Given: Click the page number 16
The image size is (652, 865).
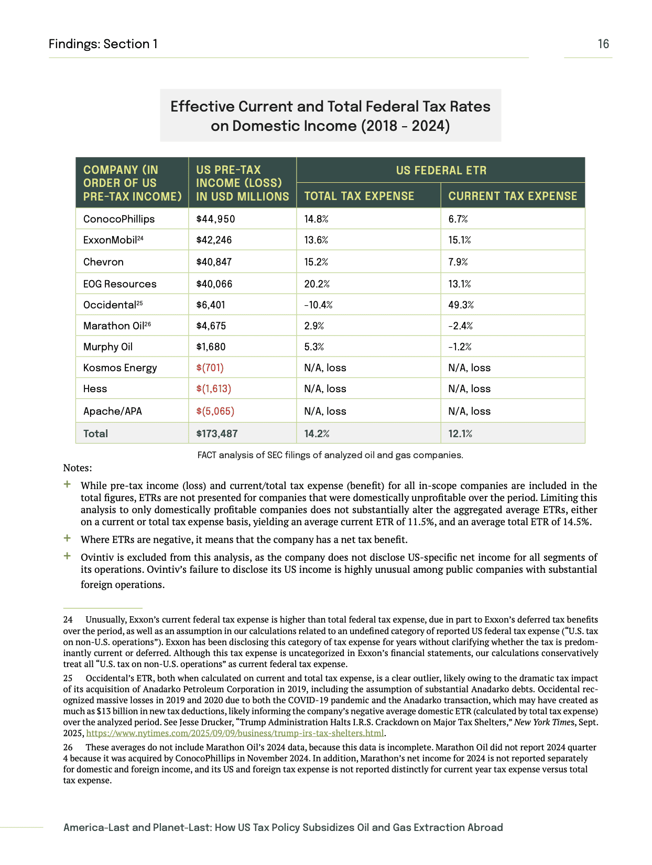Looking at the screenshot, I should coord(603,44).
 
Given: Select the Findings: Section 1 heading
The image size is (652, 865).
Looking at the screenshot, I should coord(103,44).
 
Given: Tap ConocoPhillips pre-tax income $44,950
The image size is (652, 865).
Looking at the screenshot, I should coord(215,219).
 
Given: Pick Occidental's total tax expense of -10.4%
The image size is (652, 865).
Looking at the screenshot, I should coord(318,305).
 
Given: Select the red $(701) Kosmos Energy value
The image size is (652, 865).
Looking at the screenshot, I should coord(210,368).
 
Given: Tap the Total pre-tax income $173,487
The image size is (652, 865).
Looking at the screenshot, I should coord(216,434).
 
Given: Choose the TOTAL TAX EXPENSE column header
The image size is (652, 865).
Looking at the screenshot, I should coord(359,196).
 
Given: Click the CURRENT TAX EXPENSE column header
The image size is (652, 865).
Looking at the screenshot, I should coord(512,196).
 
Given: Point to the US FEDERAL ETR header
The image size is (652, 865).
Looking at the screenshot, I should coord(441,170).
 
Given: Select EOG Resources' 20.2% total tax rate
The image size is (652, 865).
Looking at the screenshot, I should coord(317,284).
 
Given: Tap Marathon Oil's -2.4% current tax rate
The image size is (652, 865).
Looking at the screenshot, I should coord(460,326).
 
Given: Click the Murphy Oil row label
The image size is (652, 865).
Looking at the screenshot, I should coord(108,347).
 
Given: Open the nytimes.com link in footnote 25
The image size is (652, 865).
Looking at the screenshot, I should coord(235,733).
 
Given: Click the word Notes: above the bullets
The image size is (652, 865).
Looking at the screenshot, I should coord(77,468).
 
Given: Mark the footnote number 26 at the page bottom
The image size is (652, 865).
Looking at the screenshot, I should coord(68,747).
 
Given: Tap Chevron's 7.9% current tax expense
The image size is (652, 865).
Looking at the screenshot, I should coord(458,262).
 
